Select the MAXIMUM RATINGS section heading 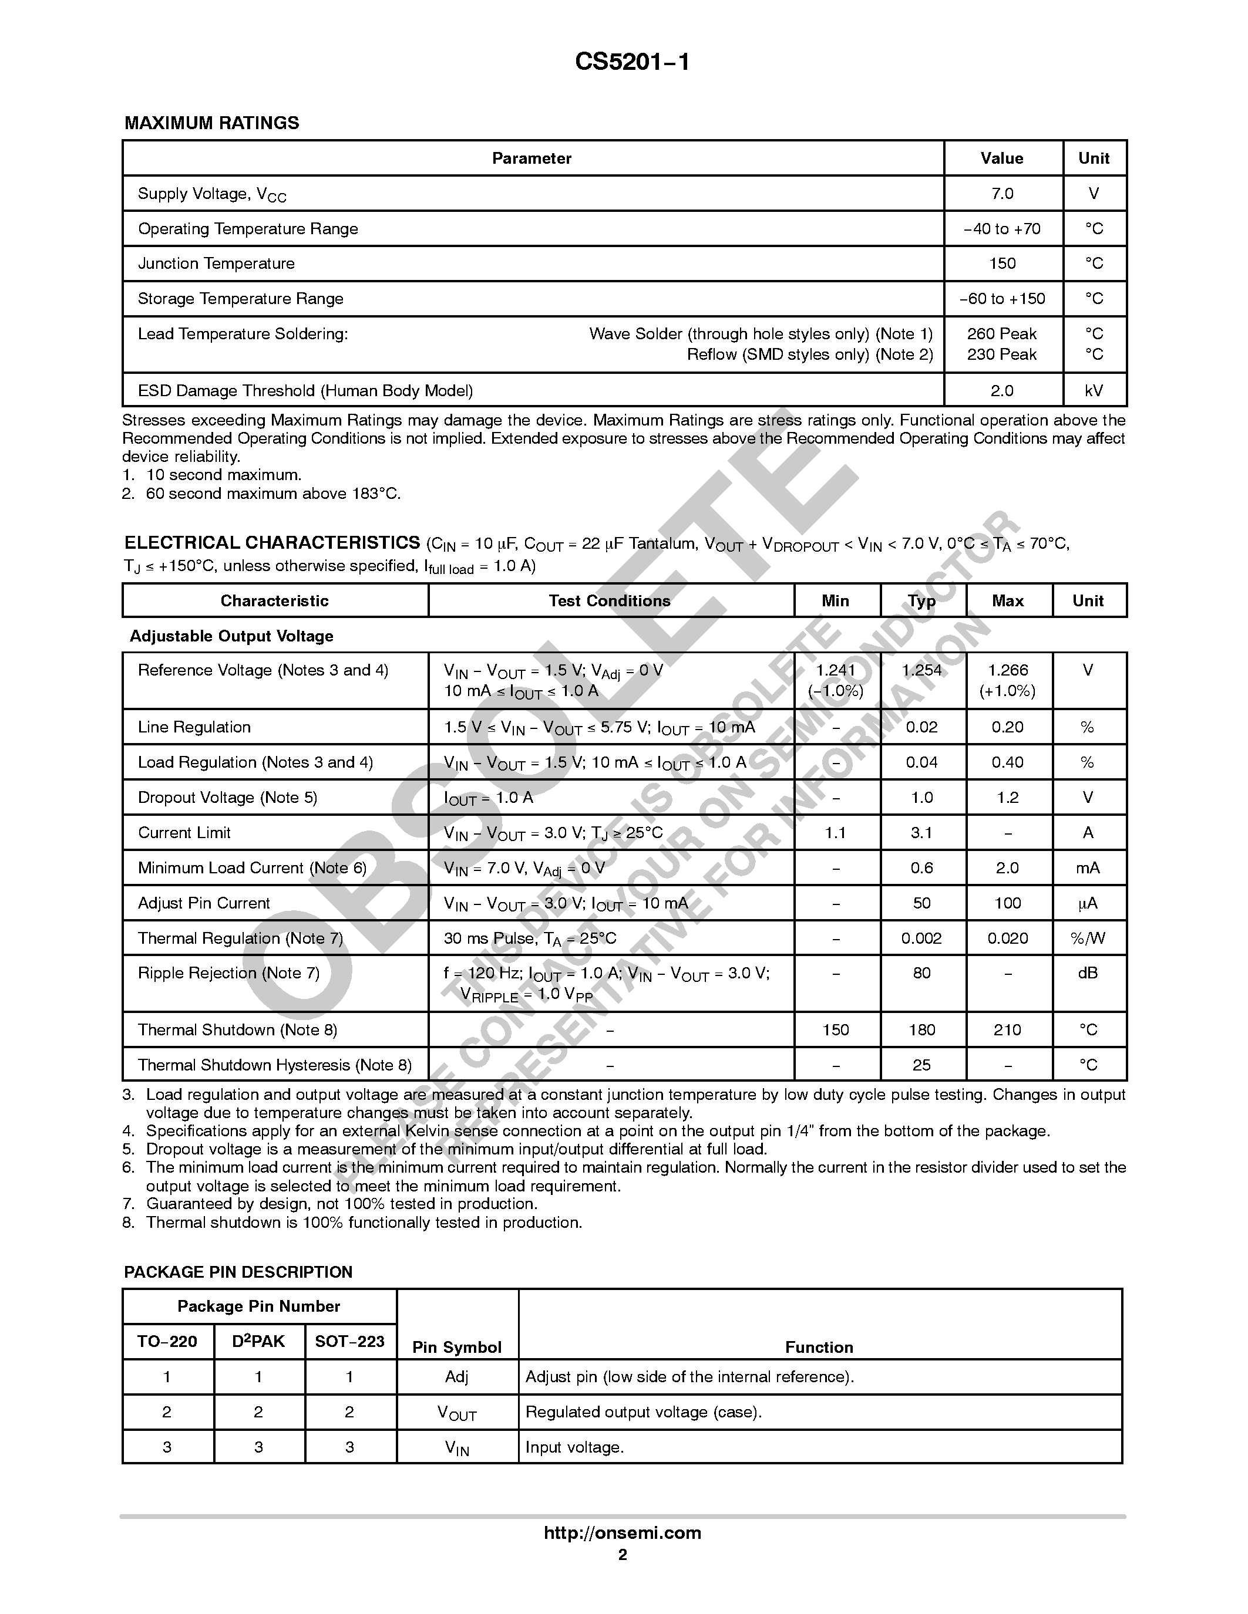tap(211, 123)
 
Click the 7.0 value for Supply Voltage tap(1002, 194)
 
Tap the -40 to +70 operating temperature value tap(1002, 229)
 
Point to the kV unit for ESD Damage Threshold tap(1094, 390)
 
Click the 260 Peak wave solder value tap(1002, 334)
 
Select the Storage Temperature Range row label tap(240, 299)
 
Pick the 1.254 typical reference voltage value tap(921, 670)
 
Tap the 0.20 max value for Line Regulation tap(1007, 727)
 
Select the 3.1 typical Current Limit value tap(921, 833)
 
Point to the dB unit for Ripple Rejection tap(1088, 973)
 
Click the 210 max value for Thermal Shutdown tap(1007, 1030)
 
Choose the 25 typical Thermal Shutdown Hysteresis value tap(921, 1065)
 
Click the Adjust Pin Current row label tap(203, 903)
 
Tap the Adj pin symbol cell tap(457, 1377)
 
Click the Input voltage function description tap(574, 1447)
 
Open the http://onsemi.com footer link tap(623, 1532)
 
